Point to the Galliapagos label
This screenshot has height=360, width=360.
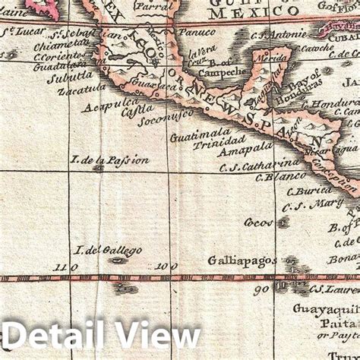[242, 261]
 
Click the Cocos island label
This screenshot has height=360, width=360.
[258, 223]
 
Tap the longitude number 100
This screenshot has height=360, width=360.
[166, 267]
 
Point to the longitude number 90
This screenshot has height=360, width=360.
[263, 289]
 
